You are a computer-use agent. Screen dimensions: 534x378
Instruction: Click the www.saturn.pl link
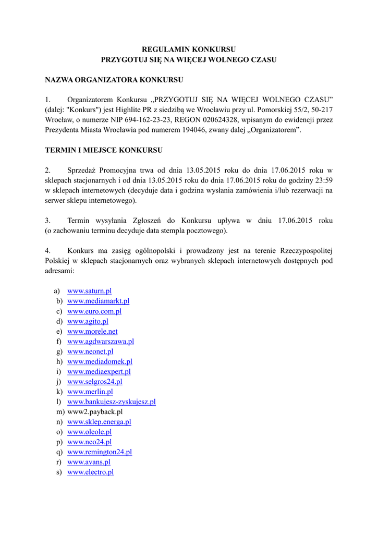tap(89, 291)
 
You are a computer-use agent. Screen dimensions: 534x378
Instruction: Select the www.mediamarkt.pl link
tap(98, 301)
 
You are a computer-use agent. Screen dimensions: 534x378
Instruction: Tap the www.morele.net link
tap(92, 331)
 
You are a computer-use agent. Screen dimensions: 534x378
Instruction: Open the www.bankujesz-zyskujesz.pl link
tap(111, 402)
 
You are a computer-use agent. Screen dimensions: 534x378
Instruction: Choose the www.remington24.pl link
tap(100, 452)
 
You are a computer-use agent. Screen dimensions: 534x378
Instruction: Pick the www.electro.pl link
tap(90, 472)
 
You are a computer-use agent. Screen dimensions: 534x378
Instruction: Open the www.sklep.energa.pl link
tap(99, 422)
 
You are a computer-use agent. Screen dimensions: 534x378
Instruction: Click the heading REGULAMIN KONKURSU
tap(189, 49)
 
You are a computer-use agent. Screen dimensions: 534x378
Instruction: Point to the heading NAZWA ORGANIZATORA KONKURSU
tap(114, 80)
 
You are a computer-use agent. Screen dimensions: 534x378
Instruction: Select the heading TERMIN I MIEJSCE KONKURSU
tap(104, 150)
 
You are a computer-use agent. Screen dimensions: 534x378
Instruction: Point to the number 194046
tap(193, 130)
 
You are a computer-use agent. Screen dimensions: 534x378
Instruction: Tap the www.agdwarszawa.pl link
tap(101, 342)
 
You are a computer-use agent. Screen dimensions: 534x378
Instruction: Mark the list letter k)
tap(59, 392)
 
